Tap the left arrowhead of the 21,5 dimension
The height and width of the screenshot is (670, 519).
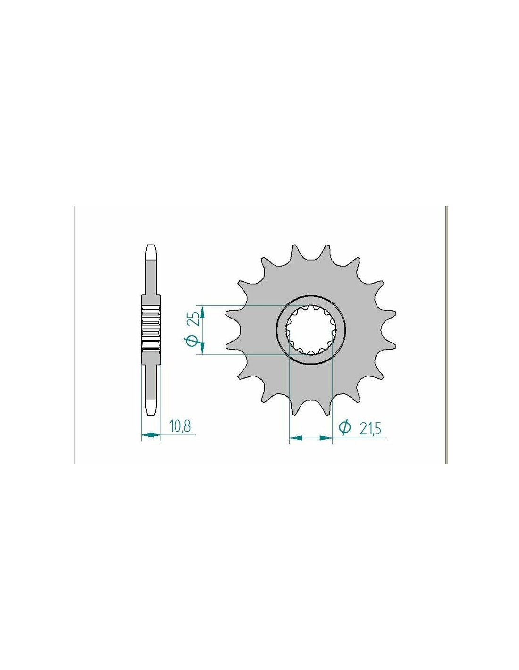[296, 437]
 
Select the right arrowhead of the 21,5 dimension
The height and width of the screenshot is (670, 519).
[326, 437]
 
